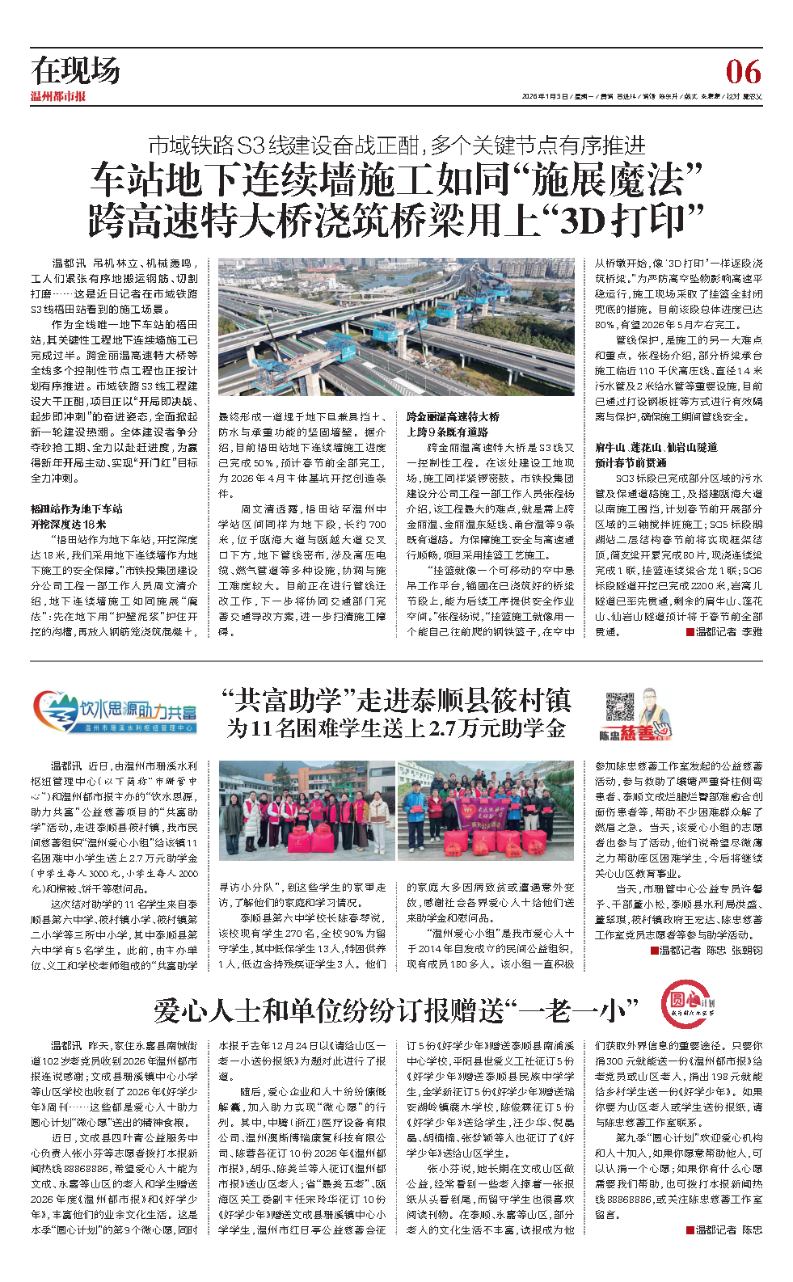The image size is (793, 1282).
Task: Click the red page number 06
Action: click(743, 73)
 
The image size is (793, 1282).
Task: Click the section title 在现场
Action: click(76, 71)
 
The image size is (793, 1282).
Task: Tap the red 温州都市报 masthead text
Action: click(58, 96)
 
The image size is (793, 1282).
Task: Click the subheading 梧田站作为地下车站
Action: click(77, 508)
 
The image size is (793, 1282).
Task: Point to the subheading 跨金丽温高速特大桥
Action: click(453, 416)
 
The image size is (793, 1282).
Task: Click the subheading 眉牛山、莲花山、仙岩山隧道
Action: click(656, 447)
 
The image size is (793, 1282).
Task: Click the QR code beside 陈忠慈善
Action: click(619, 706)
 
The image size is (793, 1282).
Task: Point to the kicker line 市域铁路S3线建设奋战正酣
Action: click(396, 145)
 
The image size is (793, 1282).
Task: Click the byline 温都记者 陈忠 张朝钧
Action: click(711, 950)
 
